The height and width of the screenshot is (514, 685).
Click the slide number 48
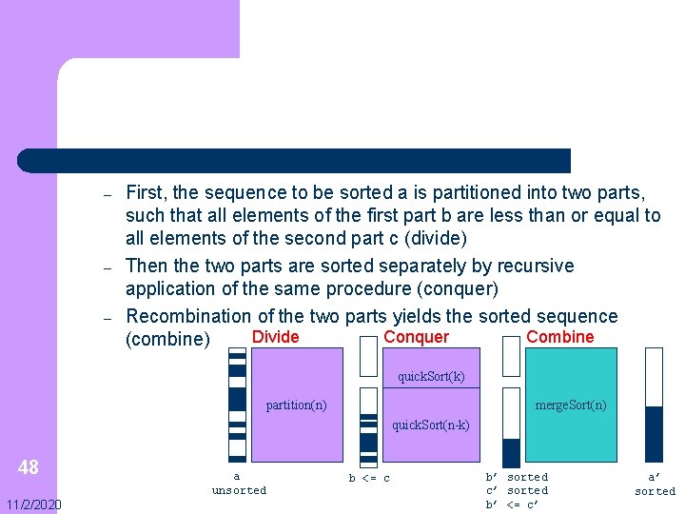point(29,466)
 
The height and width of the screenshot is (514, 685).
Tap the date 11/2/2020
point(31,504)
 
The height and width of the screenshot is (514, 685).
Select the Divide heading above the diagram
point(275,337)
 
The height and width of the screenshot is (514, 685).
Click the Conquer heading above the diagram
point(416,337)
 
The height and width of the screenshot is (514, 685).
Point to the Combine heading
point(559,337)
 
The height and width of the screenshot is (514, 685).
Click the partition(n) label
point(296,405)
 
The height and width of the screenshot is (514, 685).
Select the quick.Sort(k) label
point(431,376)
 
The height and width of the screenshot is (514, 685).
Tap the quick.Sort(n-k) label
point(431,425)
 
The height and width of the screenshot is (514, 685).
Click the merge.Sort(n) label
point(570,405)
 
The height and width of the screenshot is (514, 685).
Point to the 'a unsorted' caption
point(238,483)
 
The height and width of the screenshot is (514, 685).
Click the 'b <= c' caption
point(369,478)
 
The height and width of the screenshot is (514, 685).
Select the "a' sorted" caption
point(655,484)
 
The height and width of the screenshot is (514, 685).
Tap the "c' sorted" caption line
point(517,490)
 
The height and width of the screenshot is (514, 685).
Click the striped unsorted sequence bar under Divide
point(237,405)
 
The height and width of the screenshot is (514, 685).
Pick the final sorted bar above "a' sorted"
point(654,405)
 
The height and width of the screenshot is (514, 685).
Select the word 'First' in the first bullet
point(146,193)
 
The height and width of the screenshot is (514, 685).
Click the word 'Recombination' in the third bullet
point(181,316)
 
